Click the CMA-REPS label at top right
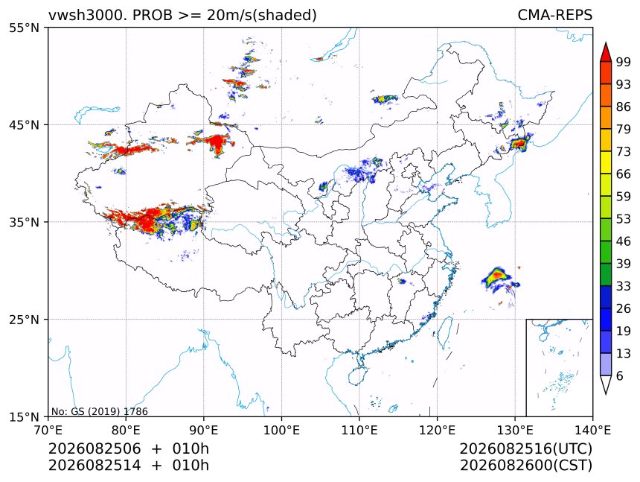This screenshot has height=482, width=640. pyautogui.click(x=554, y=15)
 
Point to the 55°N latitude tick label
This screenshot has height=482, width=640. pyautogui.click(x=24, y=28)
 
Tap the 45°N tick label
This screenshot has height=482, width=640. pyautogui.click(x=24, y=124)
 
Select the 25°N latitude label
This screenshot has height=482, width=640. pyautogui.click(x=24, y=319)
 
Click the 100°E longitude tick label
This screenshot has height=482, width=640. pyautogui.click(x=281, y=430)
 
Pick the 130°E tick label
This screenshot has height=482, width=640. pyautogui.click(x=515, y=430)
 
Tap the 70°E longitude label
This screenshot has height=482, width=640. pyautogui.click(x=48, y=430)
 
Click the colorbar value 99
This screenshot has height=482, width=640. pyautogui.click(x=624, y=62)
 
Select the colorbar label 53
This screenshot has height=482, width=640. pyautogui.click(x=624, y=219)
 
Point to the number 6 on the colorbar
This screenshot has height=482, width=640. pyautogui.click(x=620, y=375)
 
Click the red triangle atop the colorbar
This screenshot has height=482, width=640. pyautogui.click(x=606, y=52)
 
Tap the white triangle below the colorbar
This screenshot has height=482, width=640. pyautogui.click(x=606, y=384)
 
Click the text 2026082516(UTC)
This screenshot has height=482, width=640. pyautogui.click(x=525, y=448)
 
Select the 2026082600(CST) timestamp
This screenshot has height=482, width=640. pyautogui.click(x=525, y=466)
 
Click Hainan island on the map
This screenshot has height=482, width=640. pyautogui.click(x=357, y=375)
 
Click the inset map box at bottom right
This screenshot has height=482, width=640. pyautogui.click(x=559, y=367)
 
